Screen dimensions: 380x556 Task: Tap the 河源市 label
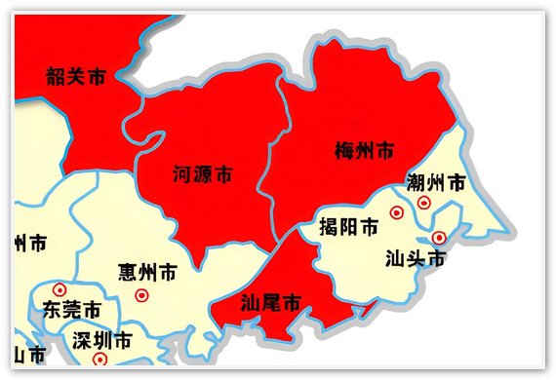tap(202, 175)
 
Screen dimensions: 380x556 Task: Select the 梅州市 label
tap(364, 151)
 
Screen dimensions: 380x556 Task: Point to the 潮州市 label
tap(435, 182)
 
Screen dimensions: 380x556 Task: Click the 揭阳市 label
tap(348, 228)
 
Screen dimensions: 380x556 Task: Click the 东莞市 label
tap(71, 311)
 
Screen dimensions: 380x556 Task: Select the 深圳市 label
tap(101, 342)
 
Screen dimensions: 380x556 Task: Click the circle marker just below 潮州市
tap(423, 203)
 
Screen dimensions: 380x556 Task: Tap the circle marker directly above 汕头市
tap(439, 237)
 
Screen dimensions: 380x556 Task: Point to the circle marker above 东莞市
tap(60, 289)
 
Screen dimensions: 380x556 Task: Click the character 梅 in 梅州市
tap(343, 151)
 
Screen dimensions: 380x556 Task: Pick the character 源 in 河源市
tap(202, 175)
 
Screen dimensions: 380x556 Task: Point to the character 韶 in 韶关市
tap(55, 76)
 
